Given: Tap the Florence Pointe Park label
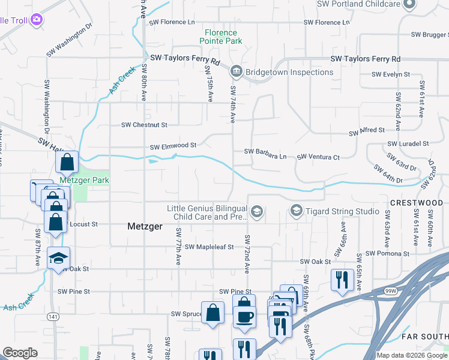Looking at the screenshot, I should (223, 37).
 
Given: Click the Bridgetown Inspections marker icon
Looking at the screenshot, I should (236, 72).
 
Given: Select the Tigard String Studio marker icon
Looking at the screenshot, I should (296, 211).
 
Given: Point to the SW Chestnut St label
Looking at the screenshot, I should (144, 125).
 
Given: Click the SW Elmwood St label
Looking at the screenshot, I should (173, 146).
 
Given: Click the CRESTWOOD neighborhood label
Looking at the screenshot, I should (417, 203).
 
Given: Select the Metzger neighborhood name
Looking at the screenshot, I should (144, 226).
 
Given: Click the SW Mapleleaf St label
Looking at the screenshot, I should (209, 247).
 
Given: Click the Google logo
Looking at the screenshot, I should (20, 353).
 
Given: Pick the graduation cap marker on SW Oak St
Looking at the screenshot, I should (59, 257).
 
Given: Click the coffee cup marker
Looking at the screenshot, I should (244, 316).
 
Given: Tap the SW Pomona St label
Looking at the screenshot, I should (387, 253).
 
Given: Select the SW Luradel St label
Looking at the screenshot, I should (408, 144).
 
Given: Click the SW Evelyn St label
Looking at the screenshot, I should (390, 74).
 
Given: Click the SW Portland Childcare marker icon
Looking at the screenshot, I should (409, 4).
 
